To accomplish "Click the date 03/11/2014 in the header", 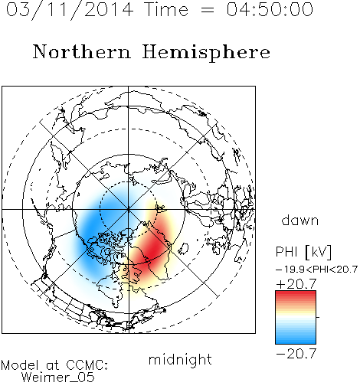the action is click(70, 10).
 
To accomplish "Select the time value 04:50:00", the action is click(270, 9).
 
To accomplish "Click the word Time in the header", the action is click(166, 9).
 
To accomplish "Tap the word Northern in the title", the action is click(82, 51).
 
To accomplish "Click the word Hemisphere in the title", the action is click(206, 53).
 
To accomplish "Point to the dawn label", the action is click(300, 220).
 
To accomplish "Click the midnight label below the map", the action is click(180, 360).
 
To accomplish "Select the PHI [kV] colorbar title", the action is click(303, 252).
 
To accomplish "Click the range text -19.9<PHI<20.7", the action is click(317, 270).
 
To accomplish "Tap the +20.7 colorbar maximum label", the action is click(296, 284).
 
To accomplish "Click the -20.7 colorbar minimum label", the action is click(296, 354).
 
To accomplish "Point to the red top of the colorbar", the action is click(296, 296).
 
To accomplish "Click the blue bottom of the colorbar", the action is click(296, 339).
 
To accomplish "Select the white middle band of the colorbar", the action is click(296, 317).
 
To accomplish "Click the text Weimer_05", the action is click(58, 378).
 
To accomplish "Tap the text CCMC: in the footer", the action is click(87, 365).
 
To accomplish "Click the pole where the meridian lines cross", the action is click(129, 209).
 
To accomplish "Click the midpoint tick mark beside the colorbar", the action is click(318, 317).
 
